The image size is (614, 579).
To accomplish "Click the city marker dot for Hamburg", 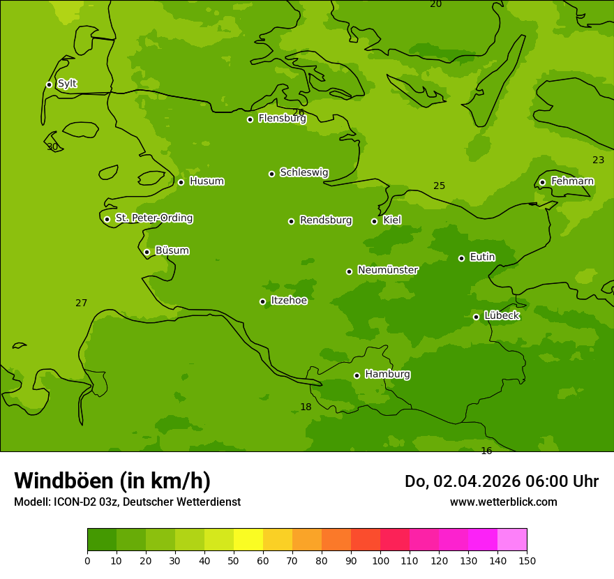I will [x=357, y=375].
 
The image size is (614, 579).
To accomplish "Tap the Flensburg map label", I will [x=282, y=119].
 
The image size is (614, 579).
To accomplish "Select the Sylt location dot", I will [x=49, y=84].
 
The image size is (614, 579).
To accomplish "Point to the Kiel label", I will [x=392, y=220].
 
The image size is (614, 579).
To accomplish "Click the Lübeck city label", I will [x=502, y=316].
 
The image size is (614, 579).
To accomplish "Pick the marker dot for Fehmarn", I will [x=542, y=182].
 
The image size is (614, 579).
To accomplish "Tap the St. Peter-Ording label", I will [x=154, y=218].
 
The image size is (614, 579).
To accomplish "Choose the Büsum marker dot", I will [x=147, y=252].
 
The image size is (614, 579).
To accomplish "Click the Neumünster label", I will [x=388, y=271].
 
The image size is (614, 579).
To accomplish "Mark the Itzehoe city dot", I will [x=262, y=301].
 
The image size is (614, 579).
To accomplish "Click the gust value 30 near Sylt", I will [x=52, y=147].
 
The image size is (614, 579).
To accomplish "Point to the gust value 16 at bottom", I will [x=486, y=451].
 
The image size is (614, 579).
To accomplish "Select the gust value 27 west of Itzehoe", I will [x=82, y=303].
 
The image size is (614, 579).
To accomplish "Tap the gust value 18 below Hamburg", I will [x=306, y=407].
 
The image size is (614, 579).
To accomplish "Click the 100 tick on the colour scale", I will [x=380, y=561].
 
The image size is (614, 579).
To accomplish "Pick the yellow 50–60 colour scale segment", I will [x=248, y=540].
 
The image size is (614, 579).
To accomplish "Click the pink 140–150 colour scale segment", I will [x=512, y=540].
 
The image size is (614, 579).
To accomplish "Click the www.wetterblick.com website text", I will [x=503, y=502].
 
